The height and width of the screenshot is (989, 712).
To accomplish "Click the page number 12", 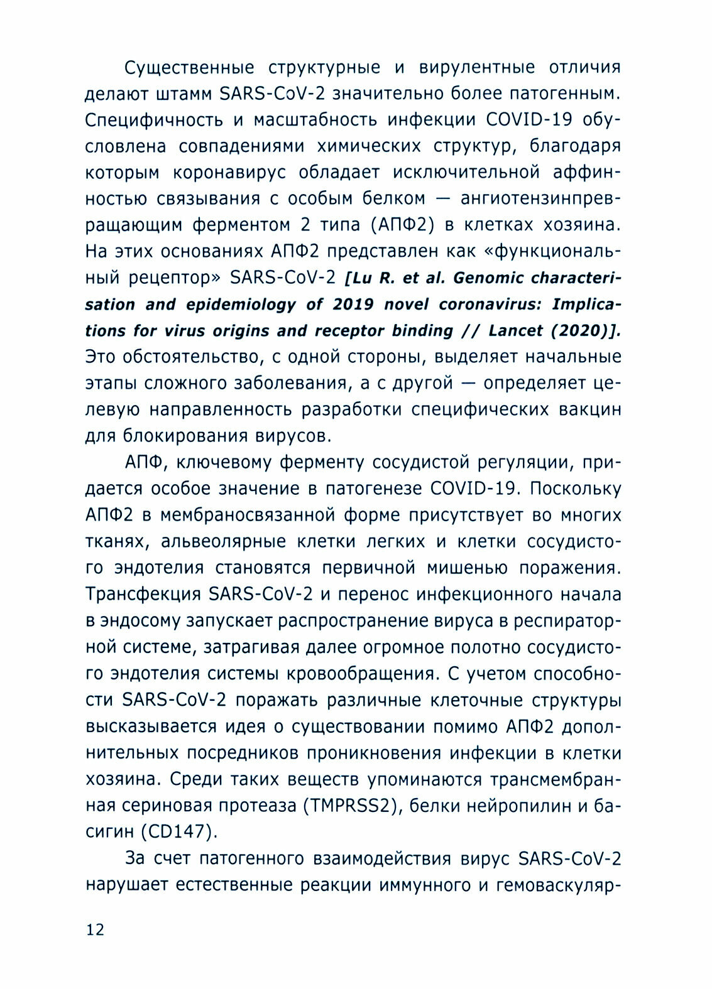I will tap(95, 929).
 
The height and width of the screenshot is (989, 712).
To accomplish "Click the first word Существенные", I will tap(189, 67).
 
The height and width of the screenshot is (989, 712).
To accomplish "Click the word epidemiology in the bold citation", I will tap(241, 304).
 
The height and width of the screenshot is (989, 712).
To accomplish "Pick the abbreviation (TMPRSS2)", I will tap(352, 805).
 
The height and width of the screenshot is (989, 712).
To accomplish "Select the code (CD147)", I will tap(179, 831).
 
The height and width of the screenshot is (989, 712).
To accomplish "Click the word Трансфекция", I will tap(143, 594).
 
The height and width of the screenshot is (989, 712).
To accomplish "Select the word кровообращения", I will tap(361, 673).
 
